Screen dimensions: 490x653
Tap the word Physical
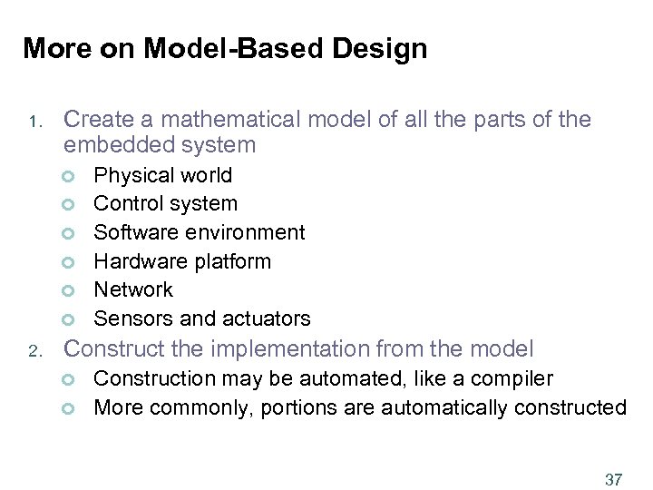pyautogui.click(x=130, y=175)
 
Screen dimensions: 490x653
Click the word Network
pyautogui.click(x=133, y=289)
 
